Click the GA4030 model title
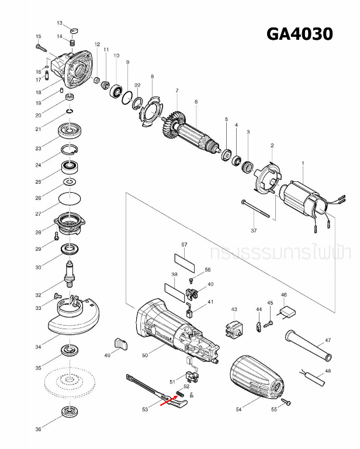click(x=299, y=34)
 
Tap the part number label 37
click(x=254, y=230)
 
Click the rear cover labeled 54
click(x=259, y=379)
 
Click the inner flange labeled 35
click(x=70, y=351)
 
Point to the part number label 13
click(x=59, y=22)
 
